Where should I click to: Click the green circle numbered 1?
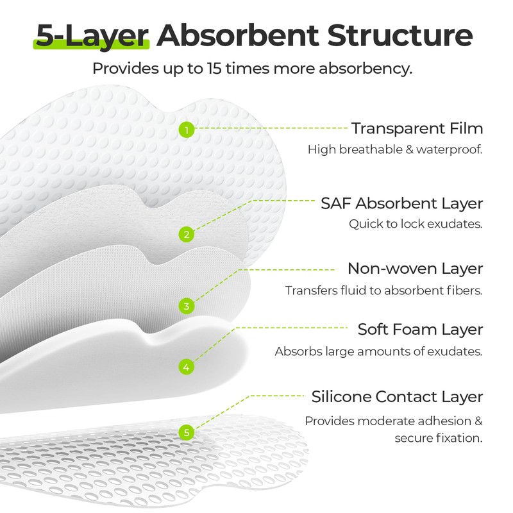pyautogui.click(x=186, y=130)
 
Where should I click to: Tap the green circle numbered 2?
pyautogui.click(x=186, y=234)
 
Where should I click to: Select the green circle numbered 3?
pyautogui.click(x=186, y=306)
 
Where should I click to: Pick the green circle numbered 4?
pyautogui.click(x=186, y=367)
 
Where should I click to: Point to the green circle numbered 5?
pyautogui.click(x=186, y=432)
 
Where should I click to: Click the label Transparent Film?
pyautogui.click(x=417, y=128)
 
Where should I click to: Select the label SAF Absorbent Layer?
pyautogui.click(x=401, y=203)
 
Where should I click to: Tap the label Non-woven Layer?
pyautogui.click(x=415, y=268)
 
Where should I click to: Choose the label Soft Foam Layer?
pyautogui.click(x=420, y=330)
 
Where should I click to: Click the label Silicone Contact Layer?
pyautogui.click(x=397, y=396)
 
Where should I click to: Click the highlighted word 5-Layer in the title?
pyautogui.click(x=92, y=36)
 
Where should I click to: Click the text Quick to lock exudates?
pyautogui.click(x=416, y=224)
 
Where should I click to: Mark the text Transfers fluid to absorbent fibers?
pyautogui.click(x=383, y=290)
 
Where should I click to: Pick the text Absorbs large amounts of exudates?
pyautogui.click(x=378, y=351)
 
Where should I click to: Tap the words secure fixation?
pyautogui.click(x=439, y=439)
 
